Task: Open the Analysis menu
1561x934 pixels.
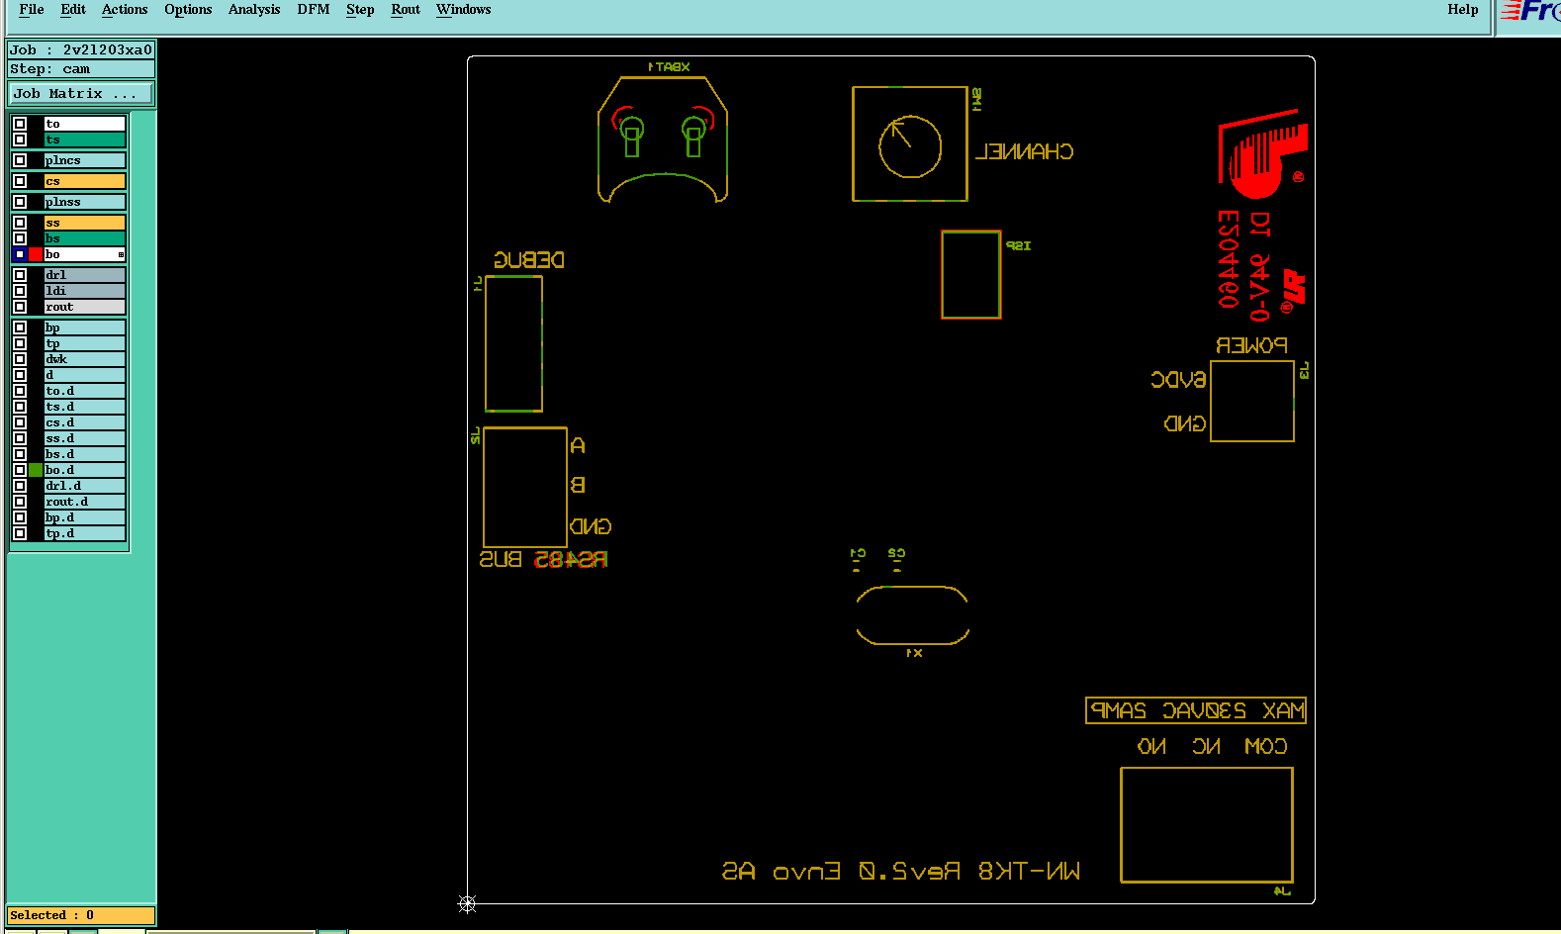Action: [254, 10]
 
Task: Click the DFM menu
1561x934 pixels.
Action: [313, 10]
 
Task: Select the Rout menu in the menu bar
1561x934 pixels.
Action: [406, 10]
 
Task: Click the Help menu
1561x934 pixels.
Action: [1462, 10]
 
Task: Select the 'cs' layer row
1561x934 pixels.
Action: [84, 181]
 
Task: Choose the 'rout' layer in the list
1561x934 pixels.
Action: [84, 307]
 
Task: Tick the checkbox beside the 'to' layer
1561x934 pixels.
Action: [20, 124]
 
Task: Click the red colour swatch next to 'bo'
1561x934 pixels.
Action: [36, 254]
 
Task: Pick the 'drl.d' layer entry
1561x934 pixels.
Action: [84, 486]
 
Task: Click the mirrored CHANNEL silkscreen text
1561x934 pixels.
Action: [1024, 152]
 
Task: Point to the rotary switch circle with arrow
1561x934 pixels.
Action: [910, 146]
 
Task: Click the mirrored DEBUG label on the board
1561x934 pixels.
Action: [529, 260]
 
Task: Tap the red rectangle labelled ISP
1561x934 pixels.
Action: [970, 274]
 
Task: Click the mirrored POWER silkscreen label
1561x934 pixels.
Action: [1251, 345]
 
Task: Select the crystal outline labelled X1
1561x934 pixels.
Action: [912, 615]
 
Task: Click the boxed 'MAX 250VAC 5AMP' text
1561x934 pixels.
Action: [1196, 710]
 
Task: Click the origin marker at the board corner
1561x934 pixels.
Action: [468, 903]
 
